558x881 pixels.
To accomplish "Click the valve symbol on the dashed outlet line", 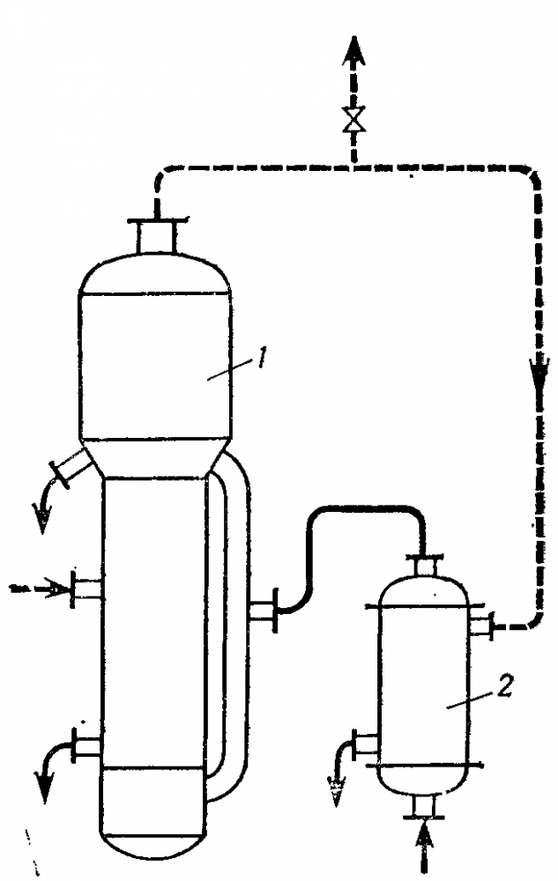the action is [x=355, y=120].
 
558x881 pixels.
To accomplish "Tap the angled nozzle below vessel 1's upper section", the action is [x=69, y=467].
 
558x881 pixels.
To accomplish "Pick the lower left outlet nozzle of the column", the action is [x=86, y=747].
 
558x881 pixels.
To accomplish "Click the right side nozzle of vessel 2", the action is [x=480, y=626].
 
